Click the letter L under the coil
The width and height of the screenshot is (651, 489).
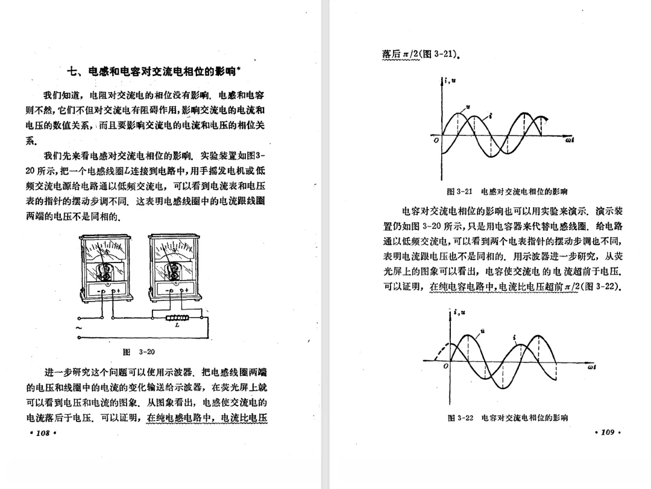[177, 325]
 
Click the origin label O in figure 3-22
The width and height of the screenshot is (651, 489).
[445, 366]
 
